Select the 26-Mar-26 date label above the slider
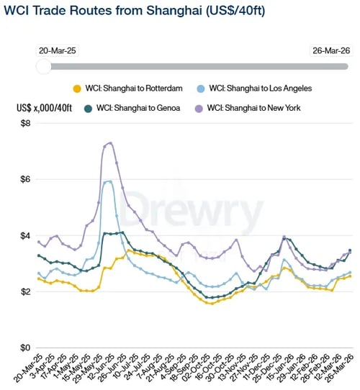coord(330,50)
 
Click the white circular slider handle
coord(44,66)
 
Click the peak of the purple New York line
coord(109,142)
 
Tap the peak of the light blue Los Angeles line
coord(108,181)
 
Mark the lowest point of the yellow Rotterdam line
coord(210,303)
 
